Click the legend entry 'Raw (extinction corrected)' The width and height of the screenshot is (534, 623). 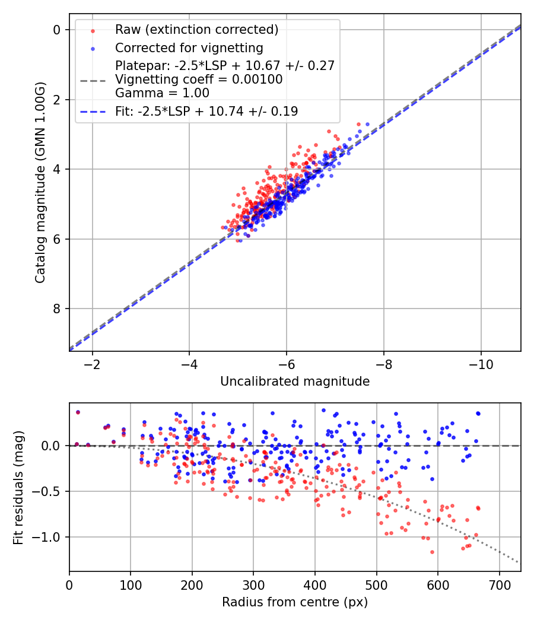point(196,30)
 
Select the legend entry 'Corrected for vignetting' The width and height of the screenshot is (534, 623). point(189,47)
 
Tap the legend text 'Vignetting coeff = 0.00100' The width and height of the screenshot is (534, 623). point(199,80)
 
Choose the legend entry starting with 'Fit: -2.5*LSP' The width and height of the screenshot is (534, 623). point(206,111)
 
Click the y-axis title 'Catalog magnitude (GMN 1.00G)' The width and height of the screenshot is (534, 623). point(40,182)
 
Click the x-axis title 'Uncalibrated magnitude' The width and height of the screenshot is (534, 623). point(295,382)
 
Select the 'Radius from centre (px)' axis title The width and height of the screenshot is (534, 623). point(295,602)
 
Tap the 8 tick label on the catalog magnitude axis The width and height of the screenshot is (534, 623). point(57,309)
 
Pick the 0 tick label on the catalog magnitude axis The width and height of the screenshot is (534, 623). point(57,30)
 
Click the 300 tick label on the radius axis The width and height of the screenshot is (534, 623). point(253,584)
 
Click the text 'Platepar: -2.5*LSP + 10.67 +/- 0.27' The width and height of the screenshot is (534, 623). point(225,66)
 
